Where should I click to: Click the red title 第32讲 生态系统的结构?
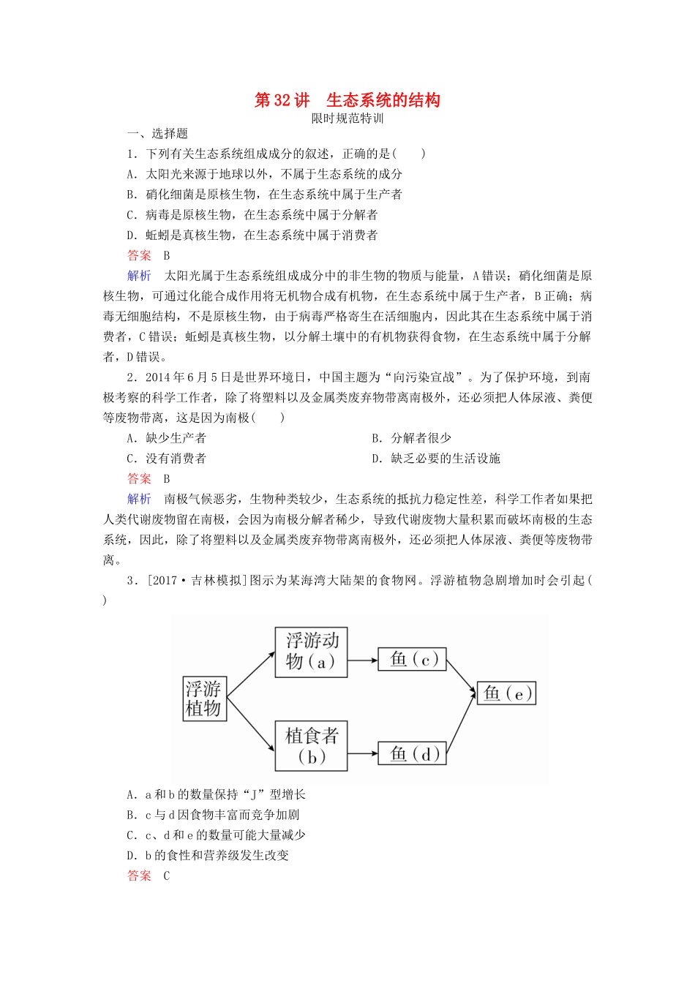[x=347, y=100]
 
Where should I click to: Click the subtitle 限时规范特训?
[x=347, y=118]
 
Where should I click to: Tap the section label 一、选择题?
[x=157, y=133]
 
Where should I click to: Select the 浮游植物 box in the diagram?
[x=203, y=698]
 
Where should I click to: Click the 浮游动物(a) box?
[x=311, y=652]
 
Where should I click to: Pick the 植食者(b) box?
[x=311, y=745]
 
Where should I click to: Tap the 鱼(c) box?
[x=412, y=659]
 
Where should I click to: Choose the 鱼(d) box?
[x=412, y=753]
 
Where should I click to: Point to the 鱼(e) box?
[x=506, y=693]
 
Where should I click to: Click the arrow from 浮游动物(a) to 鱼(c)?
[x=363, y=659]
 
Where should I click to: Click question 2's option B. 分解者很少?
[x=411, y=438]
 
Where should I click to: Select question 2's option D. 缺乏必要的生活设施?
[x=436, y=459]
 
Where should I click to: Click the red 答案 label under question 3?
[x=139, y=875]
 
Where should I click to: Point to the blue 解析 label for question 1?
[x=139, y=276]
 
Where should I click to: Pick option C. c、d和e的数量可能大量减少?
[x=216, y=835]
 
